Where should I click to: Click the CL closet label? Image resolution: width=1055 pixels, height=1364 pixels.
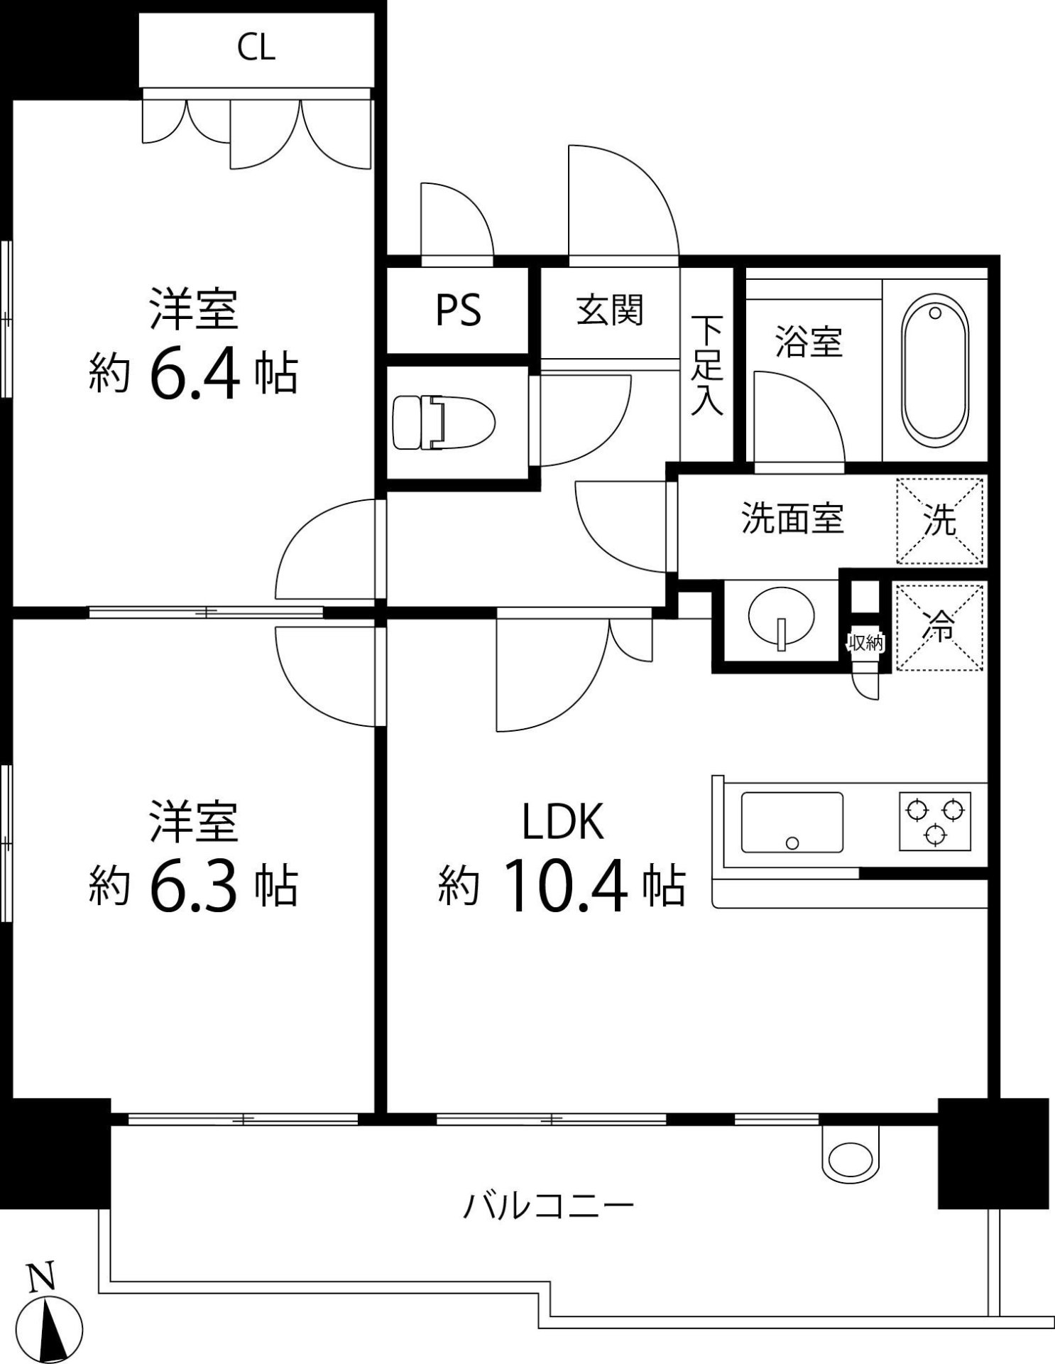point(256,48)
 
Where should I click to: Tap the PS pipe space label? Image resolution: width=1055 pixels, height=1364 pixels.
point(458,310)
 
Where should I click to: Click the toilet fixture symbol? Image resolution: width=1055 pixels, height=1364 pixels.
point(443,423)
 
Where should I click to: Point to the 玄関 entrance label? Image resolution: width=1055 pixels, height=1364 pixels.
point(610,310)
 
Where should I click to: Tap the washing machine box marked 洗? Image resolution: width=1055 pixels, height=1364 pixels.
point(940,521)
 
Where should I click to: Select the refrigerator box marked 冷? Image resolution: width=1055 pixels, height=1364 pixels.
point(940,627)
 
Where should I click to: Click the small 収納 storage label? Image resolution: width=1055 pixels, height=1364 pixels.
point(865,644)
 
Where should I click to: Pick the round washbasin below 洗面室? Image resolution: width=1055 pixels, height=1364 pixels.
point(782,617)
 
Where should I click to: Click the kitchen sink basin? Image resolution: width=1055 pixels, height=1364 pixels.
point(792,822)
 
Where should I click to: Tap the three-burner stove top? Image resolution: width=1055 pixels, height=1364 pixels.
point(935,821)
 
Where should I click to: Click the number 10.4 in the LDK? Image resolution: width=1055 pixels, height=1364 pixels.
point(565,886)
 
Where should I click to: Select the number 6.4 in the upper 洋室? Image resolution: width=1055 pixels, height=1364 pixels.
point(193,375)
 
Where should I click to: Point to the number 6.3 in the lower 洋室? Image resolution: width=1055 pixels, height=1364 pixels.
point(193,886)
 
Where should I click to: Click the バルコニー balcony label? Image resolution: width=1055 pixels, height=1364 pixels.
point(548,1206)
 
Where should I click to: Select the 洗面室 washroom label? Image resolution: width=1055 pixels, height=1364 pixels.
point(792,519)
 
